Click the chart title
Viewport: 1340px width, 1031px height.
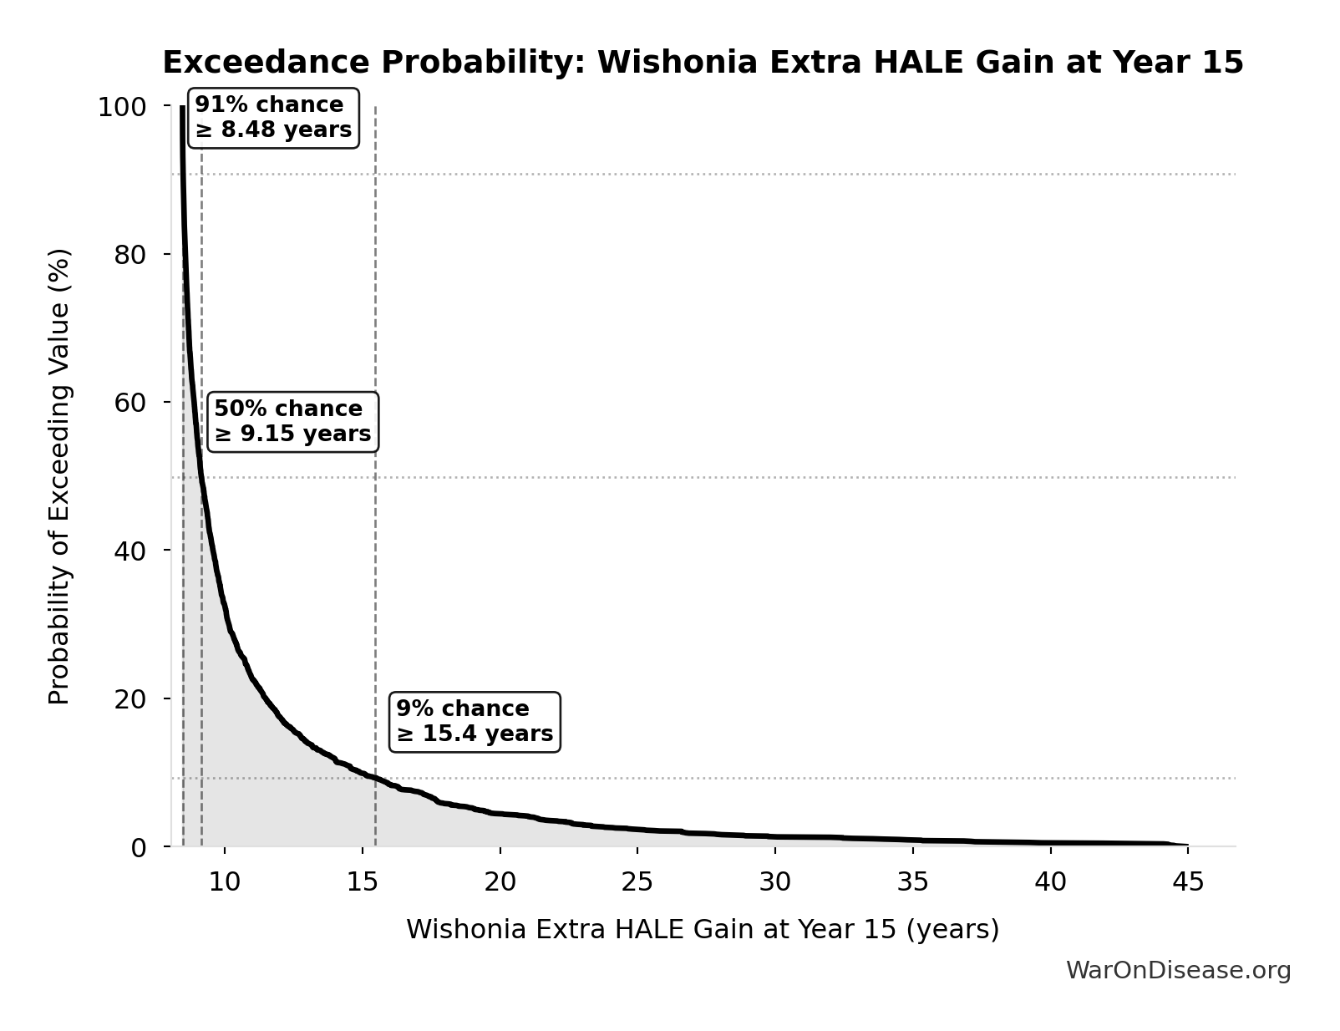click(x=703, y=63)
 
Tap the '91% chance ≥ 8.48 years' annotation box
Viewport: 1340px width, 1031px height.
click(x=274, y=118)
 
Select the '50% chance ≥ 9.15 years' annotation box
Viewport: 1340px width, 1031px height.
click(x=292, y=422)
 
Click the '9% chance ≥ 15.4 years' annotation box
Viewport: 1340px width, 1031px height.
click(x=475, y=722)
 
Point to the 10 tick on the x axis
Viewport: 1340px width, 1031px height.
click(x=225, y=882)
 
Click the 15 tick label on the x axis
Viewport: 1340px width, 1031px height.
click(x=362, y=882)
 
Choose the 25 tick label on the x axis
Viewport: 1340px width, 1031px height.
click(x=637, y=882)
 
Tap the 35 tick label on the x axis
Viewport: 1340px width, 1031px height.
click(x=913, y=882)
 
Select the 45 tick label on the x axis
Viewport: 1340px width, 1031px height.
click(x=1188, y=882)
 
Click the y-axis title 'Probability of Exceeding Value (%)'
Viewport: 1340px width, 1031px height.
click(x=59, y=476)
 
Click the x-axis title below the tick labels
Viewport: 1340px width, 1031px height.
click(x=703, y=930)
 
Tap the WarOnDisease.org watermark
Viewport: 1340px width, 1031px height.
click(x=1178, y=971)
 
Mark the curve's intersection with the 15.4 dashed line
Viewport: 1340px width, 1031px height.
click(x=375, y=778)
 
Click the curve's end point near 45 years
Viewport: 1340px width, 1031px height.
click(x=1187, y=846)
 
